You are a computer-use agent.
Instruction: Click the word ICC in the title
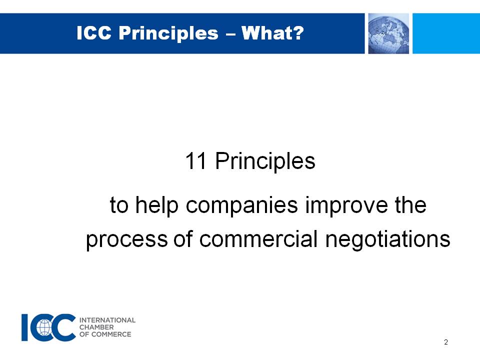pyautogui.click(x=93, y=33)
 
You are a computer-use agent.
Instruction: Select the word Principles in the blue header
pyautogui.click(x=168, y=34)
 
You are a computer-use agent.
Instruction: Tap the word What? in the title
pyautogui.click(x=272, y=33)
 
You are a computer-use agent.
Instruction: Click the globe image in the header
pyautogui.click(x=388, y=33)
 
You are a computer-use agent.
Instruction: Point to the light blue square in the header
pyautogui.click(x=446, y=33)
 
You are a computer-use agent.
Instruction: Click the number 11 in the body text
pyautogui.click(x=195, y=161)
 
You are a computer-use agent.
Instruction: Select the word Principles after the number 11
pyautogui.click(x=265, y=162)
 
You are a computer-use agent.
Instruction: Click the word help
pyautogui.click(x=156, y=205)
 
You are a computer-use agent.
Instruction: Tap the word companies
pyautogui.click(x=242, y=205)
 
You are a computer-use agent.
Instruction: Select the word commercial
pyautogui.click(x=258, y=239)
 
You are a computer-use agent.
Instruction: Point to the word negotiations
pyautogui.click(x=387, y=239)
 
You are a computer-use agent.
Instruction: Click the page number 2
pyautogui.click(x=446, y=342)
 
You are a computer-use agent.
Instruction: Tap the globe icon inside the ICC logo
pyautogui.click(x=44, y=327)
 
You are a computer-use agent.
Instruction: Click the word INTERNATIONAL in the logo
pyautogui.click(x=107, y=320)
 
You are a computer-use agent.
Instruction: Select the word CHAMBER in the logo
pyautogui.click(x=96, y=327)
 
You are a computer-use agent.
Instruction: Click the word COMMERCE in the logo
pyautogui.click(x=111, y=334)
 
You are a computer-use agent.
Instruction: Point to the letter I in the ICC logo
pyautogui.click(x=25, y=327)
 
